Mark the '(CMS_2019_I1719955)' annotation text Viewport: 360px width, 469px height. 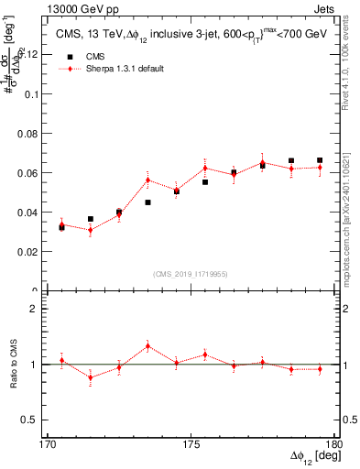[x=191, y=273]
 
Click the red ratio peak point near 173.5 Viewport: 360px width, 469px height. [x=147, y=345]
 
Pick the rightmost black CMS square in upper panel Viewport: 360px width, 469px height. [x=320, y=160]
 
